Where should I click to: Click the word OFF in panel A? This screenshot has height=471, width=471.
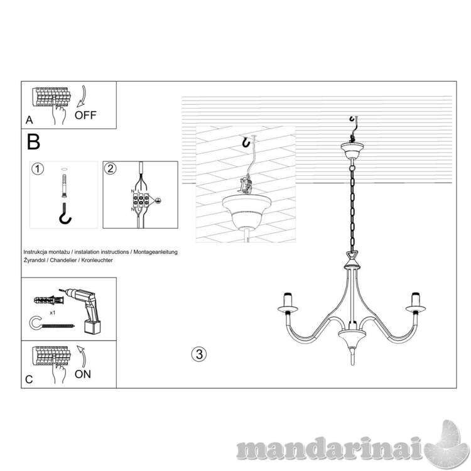click(x=86, y=116)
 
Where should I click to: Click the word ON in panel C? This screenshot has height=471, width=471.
click(x=82, y=374)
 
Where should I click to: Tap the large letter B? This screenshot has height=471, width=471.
click(x=34, y=141)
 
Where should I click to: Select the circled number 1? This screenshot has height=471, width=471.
click(x=38, y=168)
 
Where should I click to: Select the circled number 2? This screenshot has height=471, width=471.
click(x=110, y=168)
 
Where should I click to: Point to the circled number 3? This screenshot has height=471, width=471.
click(x=198, y=353)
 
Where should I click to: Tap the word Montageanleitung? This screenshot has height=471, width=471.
click(x=154, y=251)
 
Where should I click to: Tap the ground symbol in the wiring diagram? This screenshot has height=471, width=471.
click(x=159, y=200)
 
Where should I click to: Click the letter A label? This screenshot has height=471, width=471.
click(x=28, y=119)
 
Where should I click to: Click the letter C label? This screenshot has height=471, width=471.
click(x=28, y=379)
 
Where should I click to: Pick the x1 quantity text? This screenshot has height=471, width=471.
click(x=53, y=311)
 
